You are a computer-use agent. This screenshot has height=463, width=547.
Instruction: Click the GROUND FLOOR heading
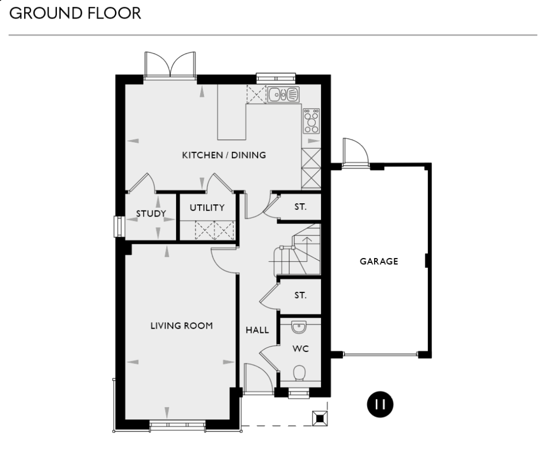coord(75,14)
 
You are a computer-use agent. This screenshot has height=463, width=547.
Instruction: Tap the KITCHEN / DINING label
coord(224,155)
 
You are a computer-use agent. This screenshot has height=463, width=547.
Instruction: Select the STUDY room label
coord(151,214)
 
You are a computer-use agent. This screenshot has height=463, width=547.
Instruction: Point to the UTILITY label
coord(207,208)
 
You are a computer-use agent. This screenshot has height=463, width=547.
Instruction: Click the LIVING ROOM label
coord(182,326)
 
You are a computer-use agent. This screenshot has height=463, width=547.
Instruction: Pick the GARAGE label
coord(379,261)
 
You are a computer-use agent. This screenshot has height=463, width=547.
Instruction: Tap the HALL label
coord(257,330)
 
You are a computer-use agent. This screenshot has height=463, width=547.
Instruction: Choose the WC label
coord(299,349)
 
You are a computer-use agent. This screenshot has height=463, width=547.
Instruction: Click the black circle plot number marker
coord(380,405)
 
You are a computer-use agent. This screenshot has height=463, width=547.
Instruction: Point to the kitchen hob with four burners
coord(312,121)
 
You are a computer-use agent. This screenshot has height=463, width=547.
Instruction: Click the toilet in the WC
coord(299,373)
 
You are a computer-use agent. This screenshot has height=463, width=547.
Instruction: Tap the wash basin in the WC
coord(299,327)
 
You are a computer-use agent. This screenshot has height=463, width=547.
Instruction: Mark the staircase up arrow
coord(307,241)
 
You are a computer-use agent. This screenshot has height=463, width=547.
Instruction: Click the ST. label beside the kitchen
coord(300,207)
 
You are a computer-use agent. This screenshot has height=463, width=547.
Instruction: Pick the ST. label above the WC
coord(300,296)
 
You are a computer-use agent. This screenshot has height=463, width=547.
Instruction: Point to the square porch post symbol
coord(319,418)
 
